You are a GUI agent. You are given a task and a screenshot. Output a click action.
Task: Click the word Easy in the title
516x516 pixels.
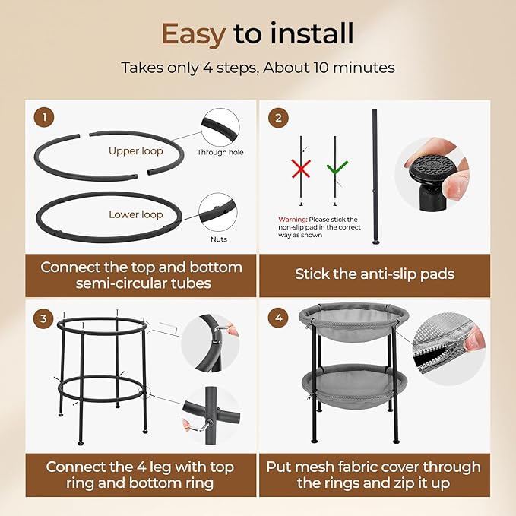pos(194,34)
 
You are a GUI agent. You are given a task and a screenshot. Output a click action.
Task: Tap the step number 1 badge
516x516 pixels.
pos(44,118)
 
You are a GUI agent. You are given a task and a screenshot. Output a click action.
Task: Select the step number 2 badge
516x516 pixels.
pos(278,118)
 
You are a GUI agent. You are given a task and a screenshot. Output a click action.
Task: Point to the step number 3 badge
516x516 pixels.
pos(43,318)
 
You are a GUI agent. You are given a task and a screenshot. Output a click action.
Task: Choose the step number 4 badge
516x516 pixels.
pos(279,318)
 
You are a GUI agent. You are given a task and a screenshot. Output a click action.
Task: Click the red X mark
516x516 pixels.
pos(301,169)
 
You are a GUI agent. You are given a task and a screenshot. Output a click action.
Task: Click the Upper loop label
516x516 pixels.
pos(136,151)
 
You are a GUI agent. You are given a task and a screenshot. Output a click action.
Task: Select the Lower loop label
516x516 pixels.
pos(136,214)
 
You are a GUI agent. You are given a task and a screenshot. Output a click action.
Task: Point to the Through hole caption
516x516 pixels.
pos(220,152)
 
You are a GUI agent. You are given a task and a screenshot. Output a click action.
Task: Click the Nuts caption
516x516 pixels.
pos(219,239)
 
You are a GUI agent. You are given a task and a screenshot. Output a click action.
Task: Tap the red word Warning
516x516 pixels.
pos(293,220)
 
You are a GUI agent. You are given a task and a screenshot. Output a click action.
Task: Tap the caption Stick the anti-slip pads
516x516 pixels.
pos(375,274)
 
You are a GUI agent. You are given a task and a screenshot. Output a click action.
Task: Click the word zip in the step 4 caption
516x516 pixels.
pos(413,483)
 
